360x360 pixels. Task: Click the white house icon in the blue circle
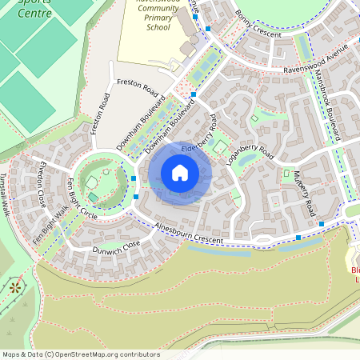[180, 173]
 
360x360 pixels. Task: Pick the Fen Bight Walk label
[50, 224]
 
